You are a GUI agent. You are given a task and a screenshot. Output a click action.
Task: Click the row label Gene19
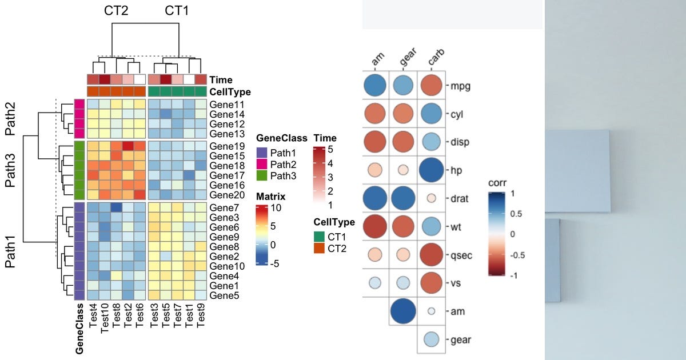[224, 146]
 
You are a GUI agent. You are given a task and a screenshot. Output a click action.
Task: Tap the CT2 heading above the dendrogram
[116, 10]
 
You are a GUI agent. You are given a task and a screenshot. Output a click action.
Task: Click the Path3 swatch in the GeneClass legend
[262, 175]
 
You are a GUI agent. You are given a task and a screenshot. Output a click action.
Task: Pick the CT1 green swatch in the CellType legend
[319, 237]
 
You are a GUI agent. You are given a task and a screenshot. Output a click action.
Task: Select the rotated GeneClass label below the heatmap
[80, 329]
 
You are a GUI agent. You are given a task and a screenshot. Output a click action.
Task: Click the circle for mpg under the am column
[375, 86]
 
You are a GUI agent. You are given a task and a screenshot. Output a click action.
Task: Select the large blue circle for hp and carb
[432, 170]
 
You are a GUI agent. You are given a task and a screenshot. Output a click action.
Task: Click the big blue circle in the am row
[403, 311]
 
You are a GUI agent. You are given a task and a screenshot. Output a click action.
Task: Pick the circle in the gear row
[431, 339]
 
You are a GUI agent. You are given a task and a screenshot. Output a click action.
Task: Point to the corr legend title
[498, 183]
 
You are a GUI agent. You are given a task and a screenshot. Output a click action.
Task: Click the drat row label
[460, 199]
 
